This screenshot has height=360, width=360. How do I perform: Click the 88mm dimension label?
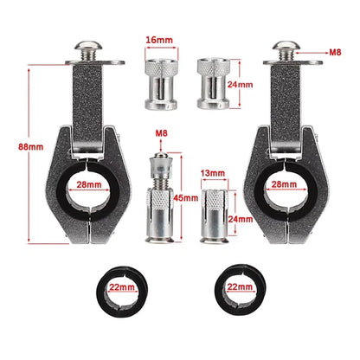click(x=31, y=147)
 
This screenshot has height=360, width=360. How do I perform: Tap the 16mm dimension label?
click(x=159, y=40)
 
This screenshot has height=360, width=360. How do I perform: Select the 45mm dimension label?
click(x=186, y=198)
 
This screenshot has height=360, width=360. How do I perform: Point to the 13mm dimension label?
click(x=213, y=173)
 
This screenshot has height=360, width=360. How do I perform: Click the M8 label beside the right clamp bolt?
click(x=335, y=52)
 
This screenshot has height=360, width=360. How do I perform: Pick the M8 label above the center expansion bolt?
click(x=161, y=133)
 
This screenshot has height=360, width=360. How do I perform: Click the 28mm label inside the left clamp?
click(x=89, y=184)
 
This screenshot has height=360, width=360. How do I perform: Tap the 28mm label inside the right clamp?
click(x=284, y=184)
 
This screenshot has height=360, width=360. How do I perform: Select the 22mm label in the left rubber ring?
click(x=122, y=287)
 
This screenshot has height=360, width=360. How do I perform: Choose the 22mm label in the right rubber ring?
click(x=240, y=287)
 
